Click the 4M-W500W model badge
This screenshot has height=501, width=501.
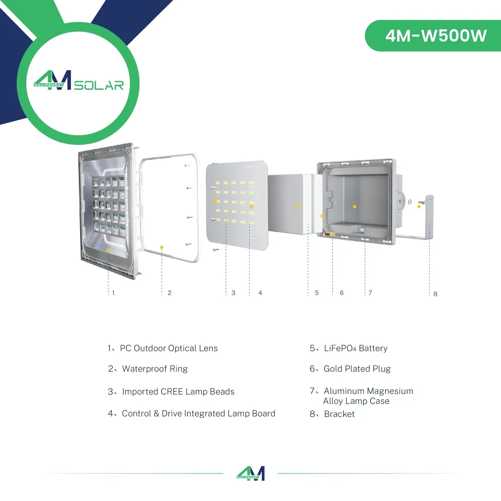tap(433, 35)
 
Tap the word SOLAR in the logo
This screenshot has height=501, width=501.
tap(99, 86)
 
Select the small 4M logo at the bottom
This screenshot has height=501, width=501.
tap(250, 473)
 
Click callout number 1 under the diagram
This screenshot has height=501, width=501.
tap(114, 293)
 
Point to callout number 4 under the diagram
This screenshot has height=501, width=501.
tap(260, 293)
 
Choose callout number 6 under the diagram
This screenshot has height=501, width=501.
tap(342, 293)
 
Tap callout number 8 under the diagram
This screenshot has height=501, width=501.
tap(435, 294)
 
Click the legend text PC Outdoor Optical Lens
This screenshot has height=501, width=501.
tap(169, 348)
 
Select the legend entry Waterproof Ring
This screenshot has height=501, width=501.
tap(155, 369)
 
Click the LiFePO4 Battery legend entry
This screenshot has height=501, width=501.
tap(356, 348)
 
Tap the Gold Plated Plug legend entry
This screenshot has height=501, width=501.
tap(357, 369)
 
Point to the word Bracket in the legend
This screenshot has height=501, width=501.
tap(339, 414)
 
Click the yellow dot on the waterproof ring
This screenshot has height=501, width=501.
tap(162, 247)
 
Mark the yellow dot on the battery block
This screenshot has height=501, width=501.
tap(298, 207)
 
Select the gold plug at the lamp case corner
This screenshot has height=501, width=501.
tap(330, 234)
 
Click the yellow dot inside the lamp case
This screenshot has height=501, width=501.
tap(354, 207)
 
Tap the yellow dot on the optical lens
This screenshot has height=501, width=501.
tap(108, 250)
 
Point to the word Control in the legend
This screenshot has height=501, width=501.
tap(137, 413)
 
